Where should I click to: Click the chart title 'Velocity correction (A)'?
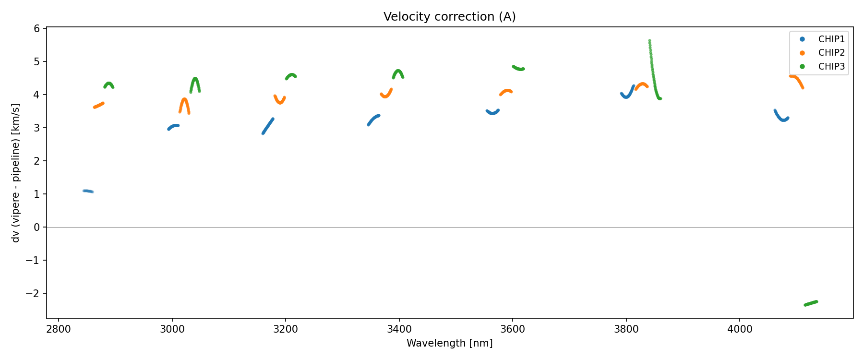tap(449, 17)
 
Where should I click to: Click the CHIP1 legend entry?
tap(831, 39)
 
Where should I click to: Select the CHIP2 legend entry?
tap(831, 53)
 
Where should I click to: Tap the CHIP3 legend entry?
tap(831, 67)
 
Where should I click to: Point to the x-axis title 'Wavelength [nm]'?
tap(449, 343)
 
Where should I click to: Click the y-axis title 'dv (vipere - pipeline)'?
tap(16, 173)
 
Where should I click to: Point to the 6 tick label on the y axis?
tap(37, 28)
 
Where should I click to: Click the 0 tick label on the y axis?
tap(37, 227)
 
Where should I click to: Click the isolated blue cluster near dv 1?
tap(88, 191)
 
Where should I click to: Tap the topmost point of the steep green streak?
tap(649, 41)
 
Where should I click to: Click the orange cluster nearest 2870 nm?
tap(98, 105)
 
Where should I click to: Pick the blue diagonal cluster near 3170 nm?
tap(268, 126)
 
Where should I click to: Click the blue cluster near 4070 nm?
tap(781, 117)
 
